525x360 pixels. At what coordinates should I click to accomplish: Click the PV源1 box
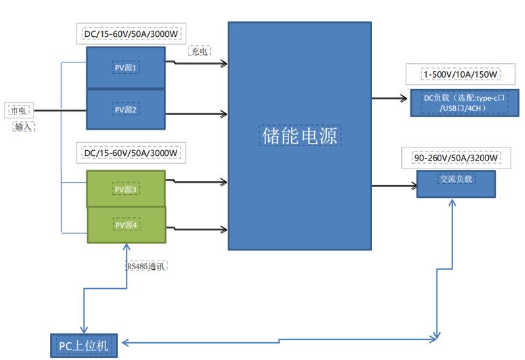click(125, 67)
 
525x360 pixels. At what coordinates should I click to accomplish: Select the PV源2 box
click(125, 109)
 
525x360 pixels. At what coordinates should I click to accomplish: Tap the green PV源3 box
click(125, 189)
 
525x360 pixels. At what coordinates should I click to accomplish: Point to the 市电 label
click(18, 111)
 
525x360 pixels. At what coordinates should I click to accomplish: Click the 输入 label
click(24, 126)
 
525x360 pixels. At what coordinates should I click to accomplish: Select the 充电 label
click(200, 51)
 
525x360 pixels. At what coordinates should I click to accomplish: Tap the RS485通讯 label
click(147, 266)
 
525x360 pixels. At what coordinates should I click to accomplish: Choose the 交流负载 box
click(456, 184)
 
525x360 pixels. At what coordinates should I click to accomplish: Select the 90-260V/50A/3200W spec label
click(456, 158)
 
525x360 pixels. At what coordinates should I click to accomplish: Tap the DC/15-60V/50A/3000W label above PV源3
click(130, 153)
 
